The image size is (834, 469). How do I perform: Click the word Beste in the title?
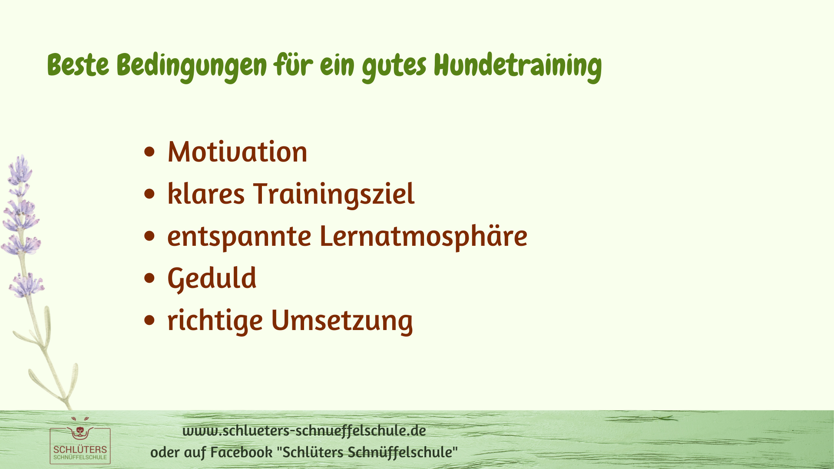[78, 65]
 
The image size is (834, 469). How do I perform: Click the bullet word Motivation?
[237, 152]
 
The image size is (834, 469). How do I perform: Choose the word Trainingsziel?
[334, 195]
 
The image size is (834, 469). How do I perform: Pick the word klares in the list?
[206, 194]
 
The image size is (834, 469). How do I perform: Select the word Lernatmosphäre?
[424, 236]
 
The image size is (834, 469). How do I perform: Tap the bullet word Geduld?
[212, 278]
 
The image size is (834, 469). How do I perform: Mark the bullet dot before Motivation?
[149, 152]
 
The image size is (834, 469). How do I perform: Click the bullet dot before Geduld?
[149, 278]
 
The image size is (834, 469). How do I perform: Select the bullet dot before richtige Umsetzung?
[149, 320]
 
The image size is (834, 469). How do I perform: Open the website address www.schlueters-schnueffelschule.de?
[304, 430]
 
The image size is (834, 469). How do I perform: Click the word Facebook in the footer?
[242, 452]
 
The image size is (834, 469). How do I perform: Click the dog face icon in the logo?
[79, 431]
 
